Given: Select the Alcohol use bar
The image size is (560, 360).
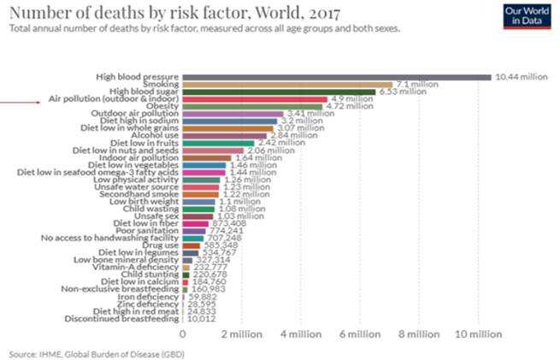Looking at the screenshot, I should [231, 135].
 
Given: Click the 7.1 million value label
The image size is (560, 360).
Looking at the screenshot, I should [416, 85].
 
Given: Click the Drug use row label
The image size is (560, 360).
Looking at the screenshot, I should [165, 245].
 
